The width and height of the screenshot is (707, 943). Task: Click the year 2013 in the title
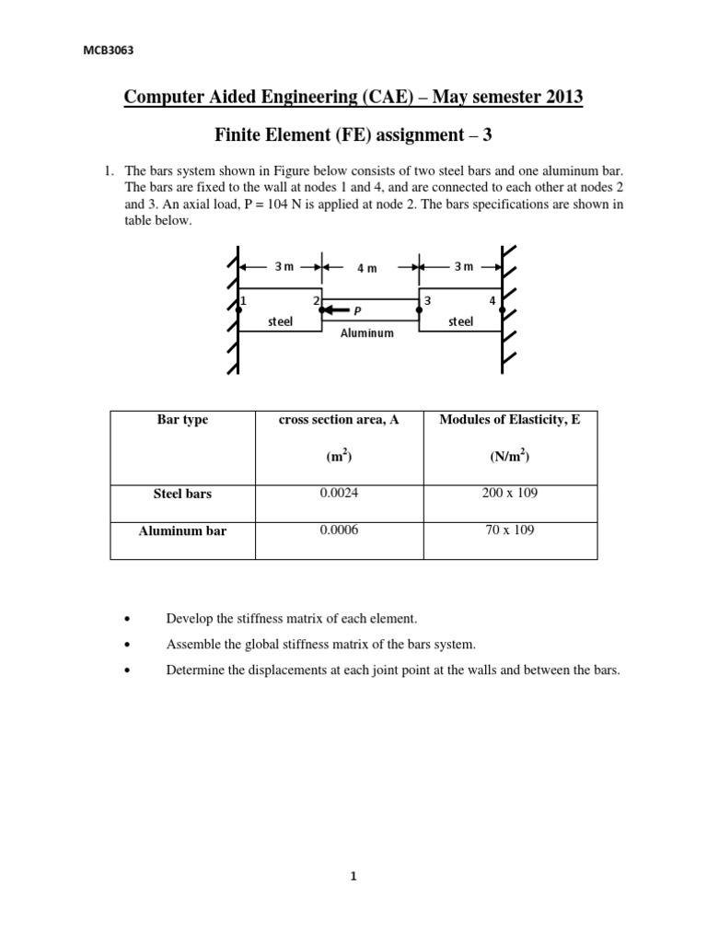[556, 97]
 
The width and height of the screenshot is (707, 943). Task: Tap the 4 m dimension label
[367, 268]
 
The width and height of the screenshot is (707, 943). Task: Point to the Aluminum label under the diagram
[367, 332]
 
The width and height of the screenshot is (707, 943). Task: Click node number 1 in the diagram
[243, 301]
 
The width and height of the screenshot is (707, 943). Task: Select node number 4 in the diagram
[493, 301]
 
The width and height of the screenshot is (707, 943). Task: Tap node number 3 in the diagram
[426, 301]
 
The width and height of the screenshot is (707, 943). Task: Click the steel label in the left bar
[280, 321]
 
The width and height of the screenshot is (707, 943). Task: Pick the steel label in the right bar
[460, 321]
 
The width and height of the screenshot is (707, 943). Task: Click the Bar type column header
[182, 420]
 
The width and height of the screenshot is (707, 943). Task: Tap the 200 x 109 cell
[510, 494]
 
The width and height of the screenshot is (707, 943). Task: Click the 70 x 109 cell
[510, 530]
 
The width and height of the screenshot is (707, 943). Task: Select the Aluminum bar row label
[182, 531]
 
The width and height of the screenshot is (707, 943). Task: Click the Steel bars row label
[182, 495]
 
